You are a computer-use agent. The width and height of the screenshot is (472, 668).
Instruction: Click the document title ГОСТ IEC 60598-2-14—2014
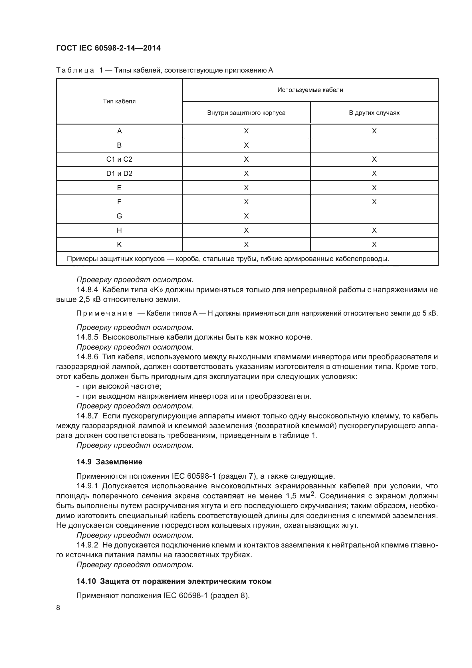point(108,48)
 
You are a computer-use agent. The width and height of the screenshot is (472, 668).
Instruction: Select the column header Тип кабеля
point(119,101)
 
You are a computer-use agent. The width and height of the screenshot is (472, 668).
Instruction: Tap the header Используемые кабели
point(310,90)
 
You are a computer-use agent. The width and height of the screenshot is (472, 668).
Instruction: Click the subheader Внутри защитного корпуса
point(246,113)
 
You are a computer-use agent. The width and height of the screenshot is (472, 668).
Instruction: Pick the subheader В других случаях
point(374,113)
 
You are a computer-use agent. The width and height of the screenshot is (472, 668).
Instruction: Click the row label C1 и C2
point(119,159)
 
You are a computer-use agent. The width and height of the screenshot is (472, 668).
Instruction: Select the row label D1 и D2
point(119,173)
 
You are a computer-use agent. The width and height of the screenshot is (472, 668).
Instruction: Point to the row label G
point(119,216)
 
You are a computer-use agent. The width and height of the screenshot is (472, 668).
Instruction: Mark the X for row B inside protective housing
point(246,145)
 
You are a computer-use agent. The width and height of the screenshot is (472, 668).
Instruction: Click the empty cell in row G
point(374,216)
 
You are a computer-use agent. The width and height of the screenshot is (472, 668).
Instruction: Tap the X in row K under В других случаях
point(374,245)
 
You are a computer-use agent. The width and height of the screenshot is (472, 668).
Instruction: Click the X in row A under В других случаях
point(374,131)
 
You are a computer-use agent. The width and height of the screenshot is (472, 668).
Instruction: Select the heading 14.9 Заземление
point(109,462)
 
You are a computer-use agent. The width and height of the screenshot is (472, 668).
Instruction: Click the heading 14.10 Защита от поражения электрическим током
point(174,581)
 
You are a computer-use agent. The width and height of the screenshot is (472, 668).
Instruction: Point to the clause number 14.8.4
point(87,290)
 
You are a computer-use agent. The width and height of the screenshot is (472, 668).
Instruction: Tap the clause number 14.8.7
point(87,416)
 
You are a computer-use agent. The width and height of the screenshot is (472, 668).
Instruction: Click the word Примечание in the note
point(104,313)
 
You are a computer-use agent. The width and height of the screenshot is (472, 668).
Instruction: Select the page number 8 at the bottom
point(58,608)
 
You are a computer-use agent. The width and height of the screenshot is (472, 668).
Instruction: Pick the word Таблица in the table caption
point(75,71)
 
